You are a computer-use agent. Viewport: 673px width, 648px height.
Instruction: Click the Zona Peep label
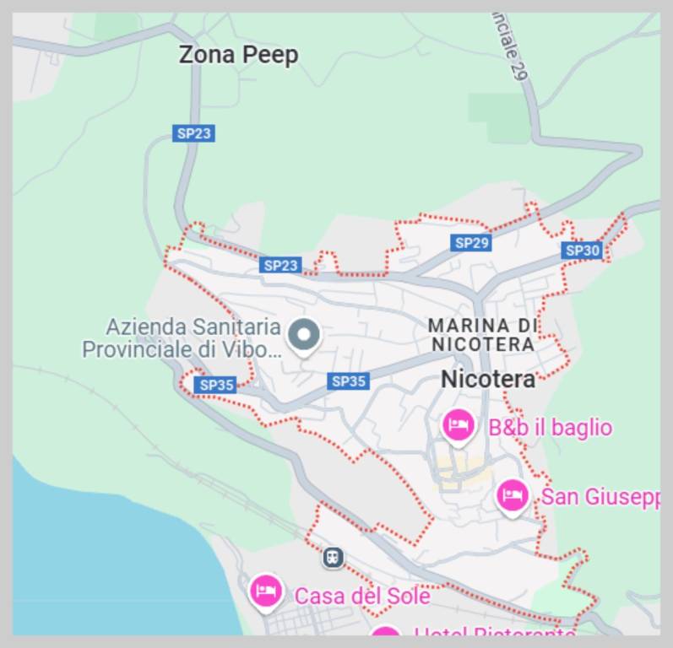[238, 56]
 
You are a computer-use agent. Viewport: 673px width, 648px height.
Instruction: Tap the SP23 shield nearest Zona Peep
[194, 133]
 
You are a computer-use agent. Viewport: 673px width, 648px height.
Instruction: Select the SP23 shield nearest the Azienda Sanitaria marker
[280, 265]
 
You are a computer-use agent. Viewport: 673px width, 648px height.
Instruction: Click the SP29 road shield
[471, 243]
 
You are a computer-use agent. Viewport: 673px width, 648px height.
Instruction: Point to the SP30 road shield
[582, 250]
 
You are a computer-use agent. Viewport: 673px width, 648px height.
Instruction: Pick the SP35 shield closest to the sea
[216, 385]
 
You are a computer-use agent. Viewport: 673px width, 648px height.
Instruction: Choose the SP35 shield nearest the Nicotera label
[348, 381]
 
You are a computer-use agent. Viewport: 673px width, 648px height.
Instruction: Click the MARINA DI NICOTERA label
[482, 334]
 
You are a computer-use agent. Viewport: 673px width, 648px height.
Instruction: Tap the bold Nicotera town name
[488, 380]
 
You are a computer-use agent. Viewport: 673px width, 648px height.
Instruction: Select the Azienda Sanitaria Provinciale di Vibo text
[181, 337]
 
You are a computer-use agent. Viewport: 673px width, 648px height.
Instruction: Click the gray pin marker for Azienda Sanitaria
[304, 335]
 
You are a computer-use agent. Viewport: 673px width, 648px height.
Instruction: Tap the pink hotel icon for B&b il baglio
[459, 424]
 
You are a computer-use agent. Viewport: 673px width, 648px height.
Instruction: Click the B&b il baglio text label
[550, 428]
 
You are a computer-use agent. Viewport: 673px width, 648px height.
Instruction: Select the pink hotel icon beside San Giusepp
[512, 495]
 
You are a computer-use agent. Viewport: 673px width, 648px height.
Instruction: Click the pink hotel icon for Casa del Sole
[266, 590]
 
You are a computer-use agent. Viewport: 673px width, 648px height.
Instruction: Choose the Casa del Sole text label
[361, 596]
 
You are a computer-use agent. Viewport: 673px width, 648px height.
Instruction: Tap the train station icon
[334, 557]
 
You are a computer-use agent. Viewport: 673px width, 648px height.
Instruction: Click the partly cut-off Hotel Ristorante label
[495, 632]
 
